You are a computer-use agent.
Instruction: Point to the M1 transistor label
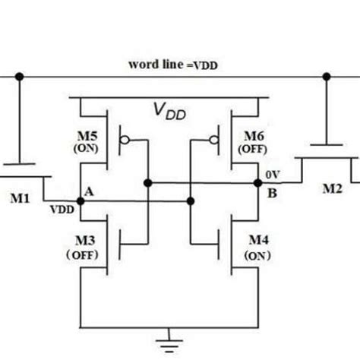pyautogui.click(x=21, y=200)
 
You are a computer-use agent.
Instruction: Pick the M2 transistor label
pyautogui.click(x=332, y=189)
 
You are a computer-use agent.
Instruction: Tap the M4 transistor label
pyautogui.click(x=259, y=241)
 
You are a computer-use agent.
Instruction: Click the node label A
pyautogui.click(x=90, y=192)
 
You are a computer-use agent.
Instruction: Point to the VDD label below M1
pyautogui.click(x=62, y=208)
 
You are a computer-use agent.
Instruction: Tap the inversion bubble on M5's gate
pyautogui.click(x=125, y=141)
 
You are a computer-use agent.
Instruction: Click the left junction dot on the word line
pyautogui.click(x=20, y=76)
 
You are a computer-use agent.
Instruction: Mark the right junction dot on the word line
pyautogui.click(x=327, y=76)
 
